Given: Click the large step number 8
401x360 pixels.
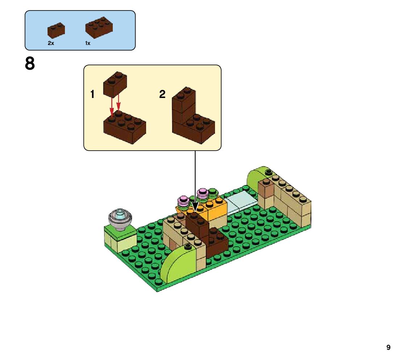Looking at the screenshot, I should [x=30, y=64].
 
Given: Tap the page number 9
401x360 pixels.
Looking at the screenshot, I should [x=388, y=348].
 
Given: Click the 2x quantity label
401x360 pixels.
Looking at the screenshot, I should [x=51, y=43].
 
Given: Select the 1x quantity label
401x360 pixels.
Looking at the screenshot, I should [x=88, y=43].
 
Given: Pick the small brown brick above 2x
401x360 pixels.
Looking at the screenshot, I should [x=56, y=30].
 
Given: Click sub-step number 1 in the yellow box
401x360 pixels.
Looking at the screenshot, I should [x=92, y=95].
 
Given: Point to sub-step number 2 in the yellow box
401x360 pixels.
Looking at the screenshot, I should [x=162, y=95].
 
